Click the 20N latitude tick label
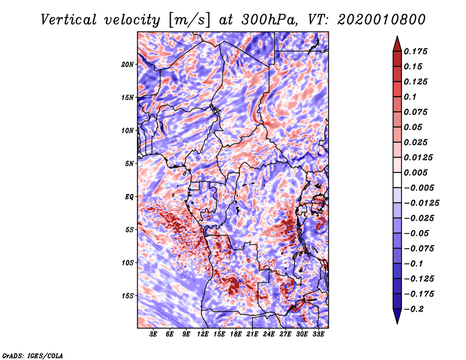tap(128, 64)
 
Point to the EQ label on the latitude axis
tap(129, 196)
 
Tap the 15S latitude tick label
tap(128, 296)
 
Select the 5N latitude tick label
tap(129, 164)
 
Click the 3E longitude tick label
tap(153, 334)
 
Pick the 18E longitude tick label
tap(236, 334)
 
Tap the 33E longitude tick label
tap(318, 334)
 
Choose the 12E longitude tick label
tap(203, 334)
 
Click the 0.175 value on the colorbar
tap(415, 51)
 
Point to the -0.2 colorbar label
tap(414, 309)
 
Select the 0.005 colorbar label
tap(415, 172)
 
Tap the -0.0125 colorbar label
tap(421, 203)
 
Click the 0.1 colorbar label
tap(410, 97)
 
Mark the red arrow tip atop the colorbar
tap(397, 36)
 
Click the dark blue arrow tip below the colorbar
tap(397, 324)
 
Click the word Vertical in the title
tap(69, 20)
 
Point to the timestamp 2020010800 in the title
tap(382, 20)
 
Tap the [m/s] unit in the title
tap(189, 20)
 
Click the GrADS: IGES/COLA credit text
tap(33, 355)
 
